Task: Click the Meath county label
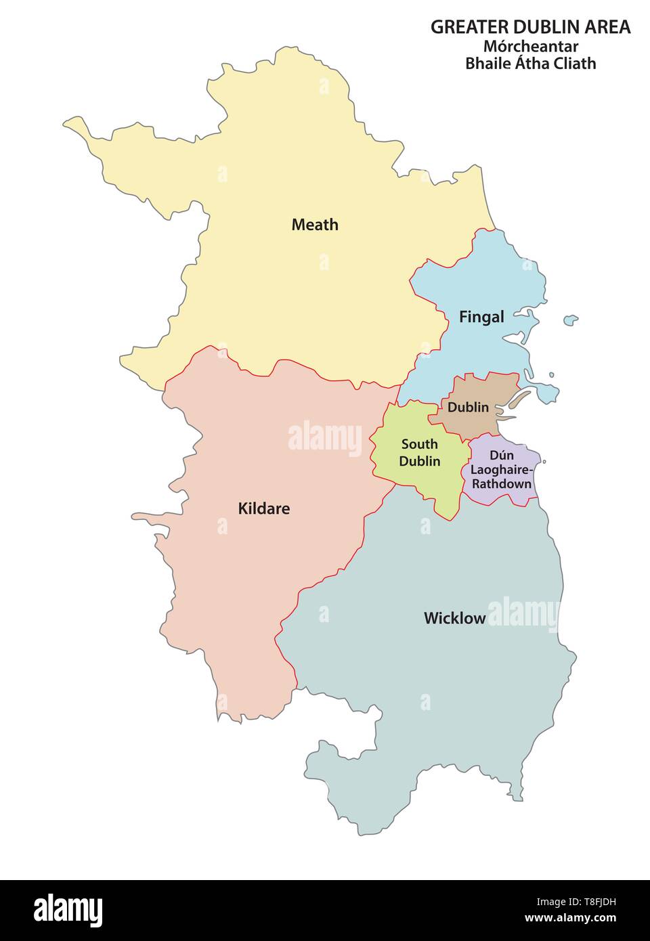point(315,225)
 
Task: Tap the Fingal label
point(481,317)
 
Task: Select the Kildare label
point(263,508)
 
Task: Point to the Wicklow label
point(454,618)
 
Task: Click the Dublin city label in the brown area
point(468,408)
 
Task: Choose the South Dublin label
point(419,453)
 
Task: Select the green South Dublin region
point(406,474)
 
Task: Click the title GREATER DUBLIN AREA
point(530,27)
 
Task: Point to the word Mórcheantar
point(530,47)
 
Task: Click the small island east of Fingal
point(571,319)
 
